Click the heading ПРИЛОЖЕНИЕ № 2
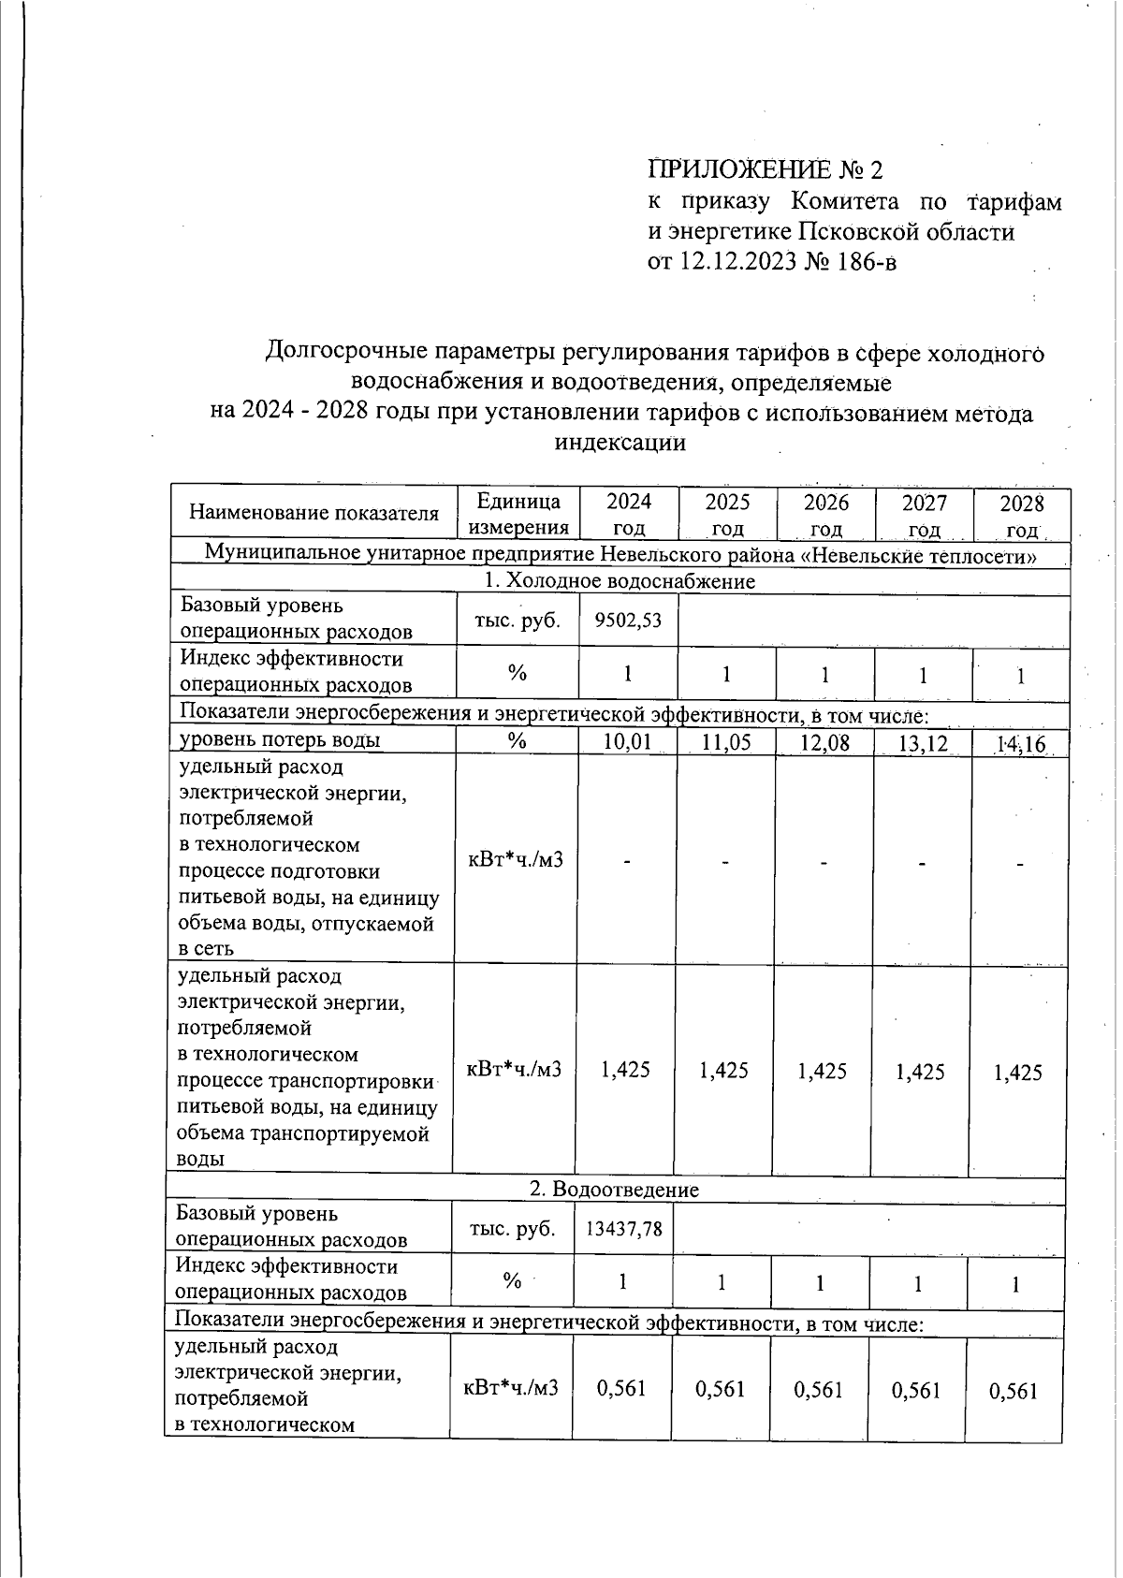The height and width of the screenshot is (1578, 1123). click(765, 170)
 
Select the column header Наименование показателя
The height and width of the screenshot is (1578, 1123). click(314, 513)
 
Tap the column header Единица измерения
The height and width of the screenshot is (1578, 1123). click(518, 514)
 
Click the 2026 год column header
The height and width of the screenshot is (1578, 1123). click(825, 514)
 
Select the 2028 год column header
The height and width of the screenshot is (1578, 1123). click(1021, 516)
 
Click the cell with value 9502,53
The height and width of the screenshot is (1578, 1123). click(628, 621)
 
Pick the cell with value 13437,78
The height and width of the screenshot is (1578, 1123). click(623, 1228)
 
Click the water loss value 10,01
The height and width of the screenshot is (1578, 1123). click(628, 743)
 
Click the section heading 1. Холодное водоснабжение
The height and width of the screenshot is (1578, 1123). click(619, 581)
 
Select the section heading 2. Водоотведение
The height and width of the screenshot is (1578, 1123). click(614, 1190)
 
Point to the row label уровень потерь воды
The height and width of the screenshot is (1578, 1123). click(279, 740)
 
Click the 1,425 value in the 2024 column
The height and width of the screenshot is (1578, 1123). click(625, 1070)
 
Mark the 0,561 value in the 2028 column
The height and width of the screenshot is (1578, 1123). click(1014, 1391)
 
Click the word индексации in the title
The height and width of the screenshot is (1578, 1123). click(620, 443)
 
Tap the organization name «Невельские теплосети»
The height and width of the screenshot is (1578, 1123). click(923, 555)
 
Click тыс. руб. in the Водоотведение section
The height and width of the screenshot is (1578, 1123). click(512, 1228)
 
